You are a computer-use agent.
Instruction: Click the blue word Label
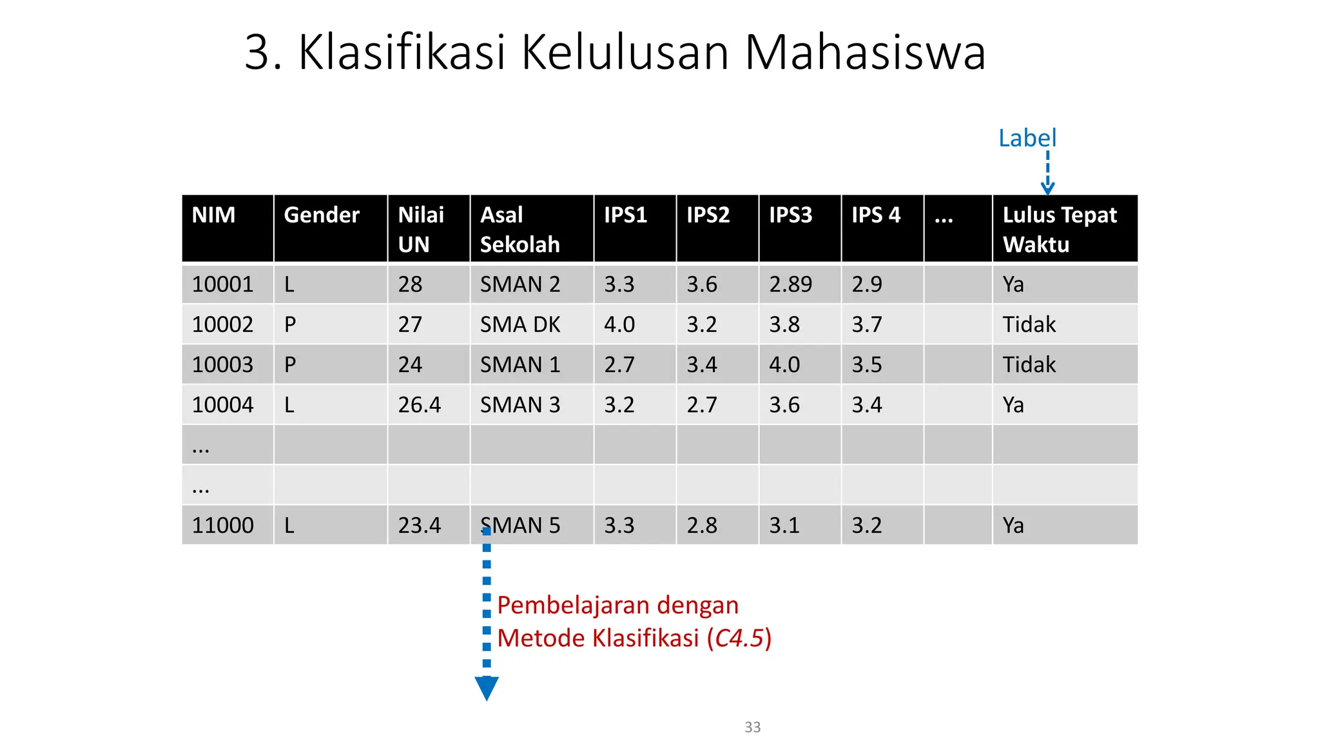click(1027, 138)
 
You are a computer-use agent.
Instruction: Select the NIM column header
click(213, 215)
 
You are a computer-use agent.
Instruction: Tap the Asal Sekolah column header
click(519, 229)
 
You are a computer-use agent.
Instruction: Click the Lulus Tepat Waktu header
click(1059, 229)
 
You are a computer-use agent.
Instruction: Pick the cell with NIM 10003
click(222, 364)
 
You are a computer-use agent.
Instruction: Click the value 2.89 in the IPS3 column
click(790, 284)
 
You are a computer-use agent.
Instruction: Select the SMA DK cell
click(519, 324)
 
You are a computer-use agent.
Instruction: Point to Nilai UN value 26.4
click(419, 404)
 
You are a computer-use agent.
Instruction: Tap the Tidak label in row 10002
click(1029, 324)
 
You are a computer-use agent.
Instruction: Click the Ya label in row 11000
click(1013, 525)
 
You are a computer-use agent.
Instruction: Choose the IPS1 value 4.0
click(619, 324)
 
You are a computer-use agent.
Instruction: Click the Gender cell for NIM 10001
click(289, 284)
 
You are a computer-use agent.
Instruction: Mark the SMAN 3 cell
click(519, 404)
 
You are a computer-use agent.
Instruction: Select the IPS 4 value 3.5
click(866, 364)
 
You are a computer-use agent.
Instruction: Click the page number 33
click(752, 727)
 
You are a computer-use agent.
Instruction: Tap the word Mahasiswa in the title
click(865, 52)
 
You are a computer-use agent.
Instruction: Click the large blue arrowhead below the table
click(487, 688)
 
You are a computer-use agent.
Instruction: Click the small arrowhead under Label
click(1047, 188)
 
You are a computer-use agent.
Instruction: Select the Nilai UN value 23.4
click(419, 525)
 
